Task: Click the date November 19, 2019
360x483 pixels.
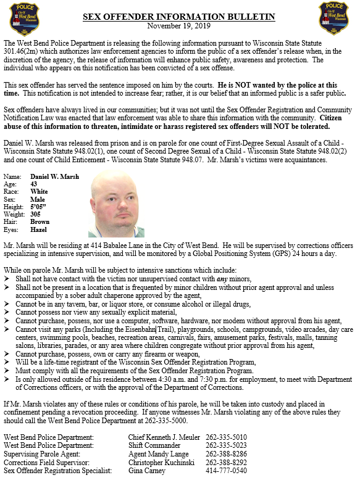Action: [180, 27]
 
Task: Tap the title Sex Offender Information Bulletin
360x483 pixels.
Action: [179, 17]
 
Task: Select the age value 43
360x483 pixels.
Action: [35, 184]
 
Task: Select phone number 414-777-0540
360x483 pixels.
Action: [226, 471]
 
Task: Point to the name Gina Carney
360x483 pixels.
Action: [143, 471]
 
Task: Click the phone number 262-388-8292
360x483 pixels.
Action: [226, 462]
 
